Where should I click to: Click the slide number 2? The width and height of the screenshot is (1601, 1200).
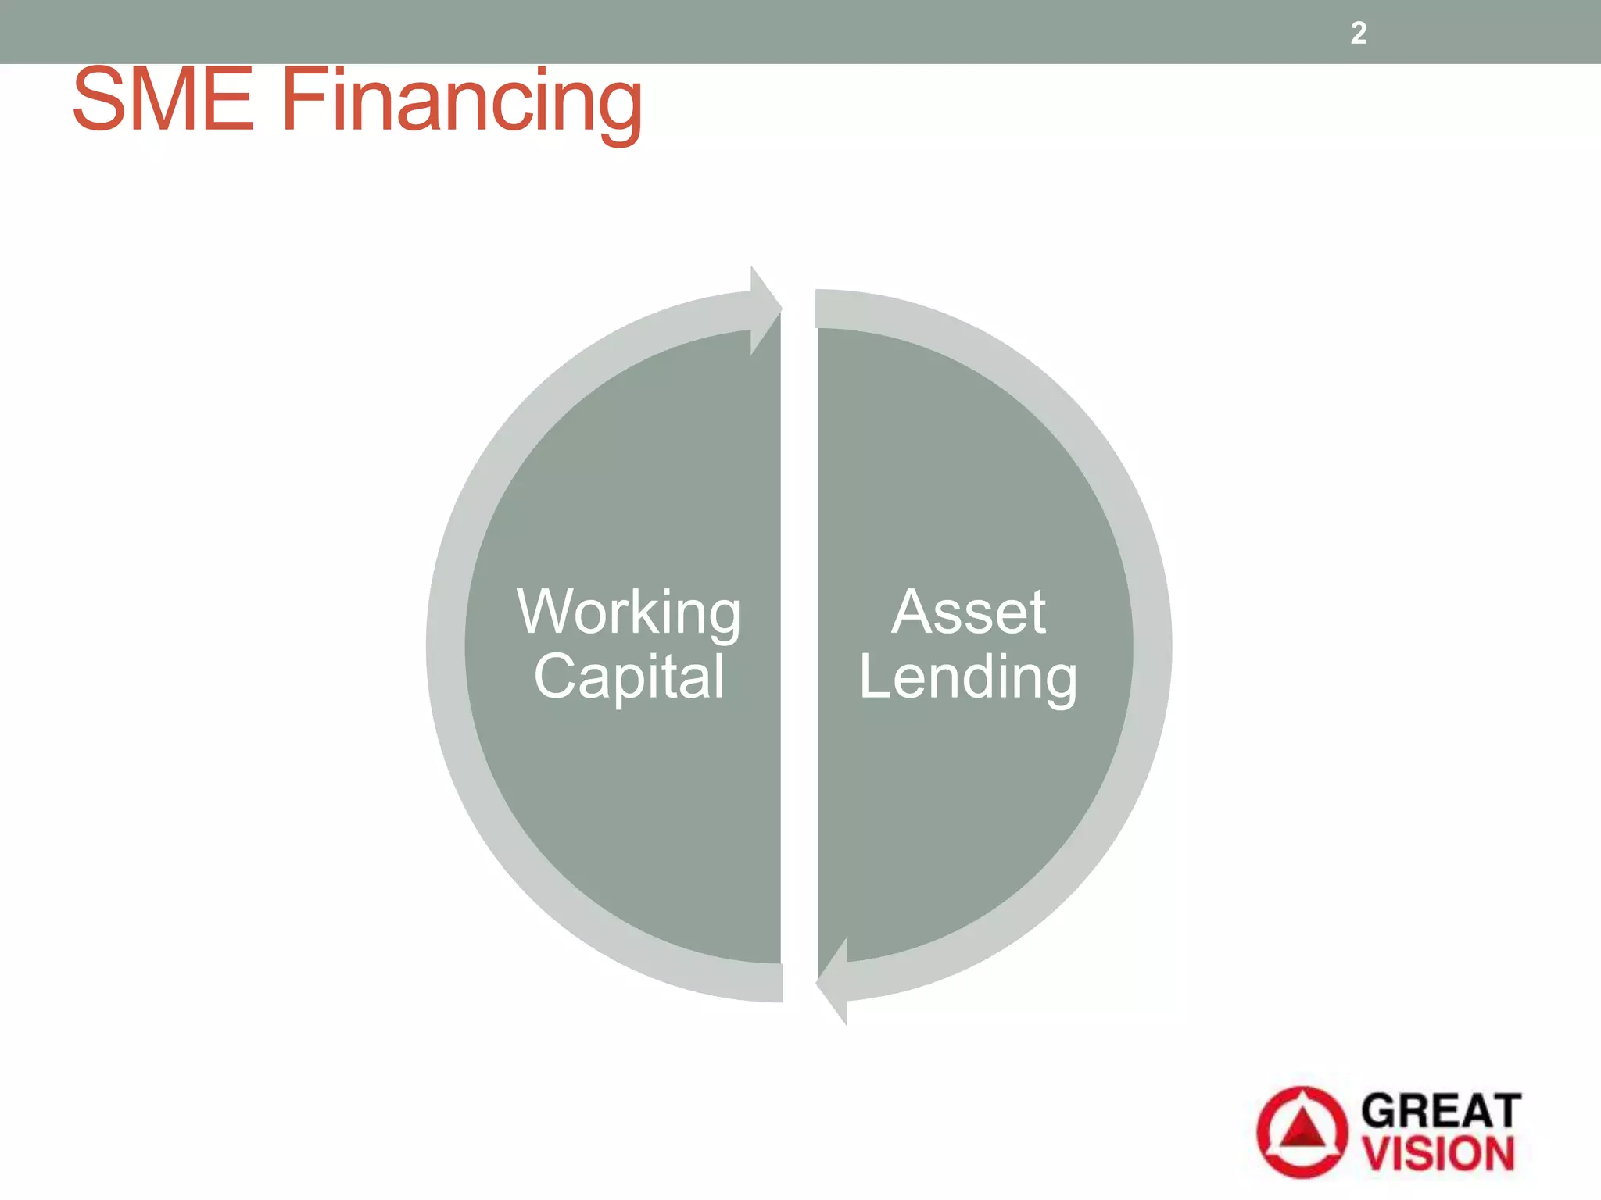[x=1359, y=33]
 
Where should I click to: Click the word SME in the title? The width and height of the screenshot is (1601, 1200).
[x=163, y=99]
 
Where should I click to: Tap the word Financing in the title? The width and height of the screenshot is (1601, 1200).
[x=461, y=102]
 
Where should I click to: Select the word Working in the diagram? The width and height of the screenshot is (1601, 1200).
[x=629, y=613]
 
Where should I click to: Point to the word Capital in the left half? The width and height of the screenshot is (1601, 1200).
[x=629, y=677]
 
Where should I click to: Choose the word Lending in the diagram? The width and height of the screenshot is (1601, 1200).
[x=968, y=678]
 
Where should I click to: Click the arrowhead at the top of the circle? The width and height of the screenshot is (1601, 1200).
[x=765, y=309]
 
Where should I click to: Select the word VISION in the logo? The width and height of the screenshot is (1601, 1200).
[x=1439, y=1154]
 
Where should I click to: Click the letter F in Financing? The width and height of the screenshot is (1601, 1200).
[x=299, y=99]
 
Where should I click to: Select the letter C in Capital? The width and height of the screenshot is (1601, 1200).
[x=557, y=677]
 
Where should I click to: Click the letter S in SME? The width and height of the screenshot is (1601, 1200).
[x=95, y=99]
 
